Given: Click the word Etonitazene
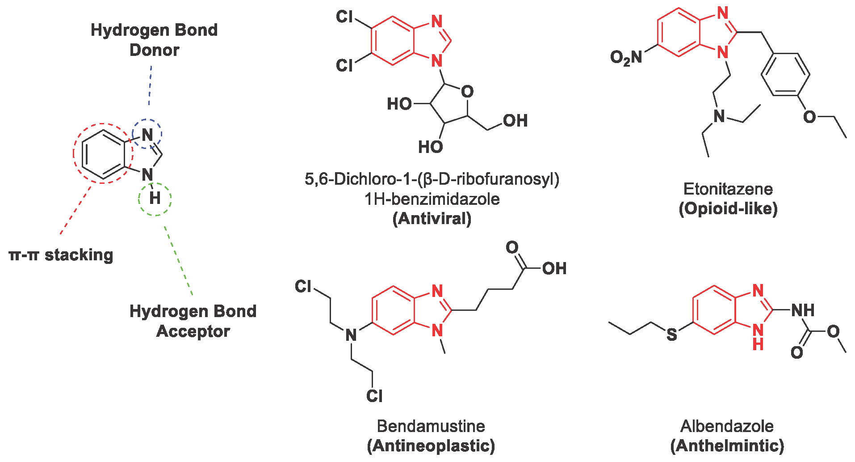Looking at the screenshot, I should click(x=728, y=189).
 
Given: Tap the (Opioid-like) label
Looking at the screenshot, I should click(x=728, y=209).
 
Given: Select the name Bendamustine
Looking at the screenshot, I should click(x=431, y=426).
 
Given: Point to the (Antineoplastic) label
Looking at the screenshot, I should click(x=431, y=446).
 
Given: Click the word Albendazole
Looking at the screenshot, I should click(x=727, y=426).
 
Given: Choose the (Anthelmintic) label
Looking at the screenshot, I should click(x=727, y=446).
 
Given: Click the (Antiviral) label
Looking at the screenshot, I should click(x=432, y=219).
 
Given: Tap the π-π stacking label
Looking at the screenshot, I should click(x=61, y=255).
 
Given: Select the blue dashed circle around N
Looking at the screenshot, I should click(x=147, y=134).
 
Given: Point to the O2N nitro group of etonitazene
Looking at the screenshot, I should click(x=626, y=57).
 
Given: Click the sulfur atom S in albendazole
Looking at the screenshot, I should click(x=671, y=334).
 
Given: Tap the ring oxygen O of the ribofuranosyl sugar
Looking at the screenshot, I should click(x=467, y=92).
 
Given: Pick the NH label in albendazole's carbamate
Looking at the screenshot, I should click(x=802, y=310).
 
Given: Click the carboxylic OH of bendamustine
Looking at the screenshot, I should click(x=554, y=268).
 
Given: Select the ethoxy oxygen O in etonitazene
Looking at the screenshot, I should click(x=809, y=117).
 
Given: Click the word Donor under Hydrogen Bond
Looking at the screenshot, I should click(x=154, y=50).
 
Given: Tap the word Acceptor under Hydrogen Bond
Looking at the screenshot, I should click(x=193, y=331).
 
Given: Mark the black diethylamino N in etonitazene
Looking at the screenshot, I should click(x=719, y=116).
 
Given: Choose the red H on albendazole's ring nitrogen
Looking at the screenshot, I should click(x=758, y=344).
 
